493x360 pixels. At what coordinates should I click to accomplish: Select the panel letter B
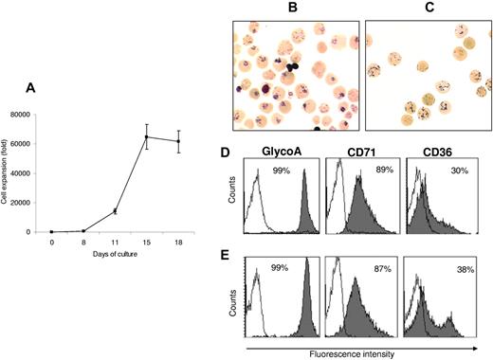coord(292,9)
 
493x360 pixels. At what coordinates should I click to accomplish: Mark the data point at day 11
coord(116,211)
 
